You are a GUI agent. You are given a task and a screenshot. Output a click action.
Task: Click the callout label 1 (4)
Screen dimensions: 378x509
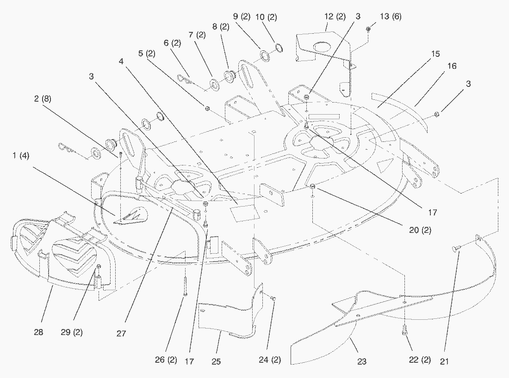(x=19, y=156)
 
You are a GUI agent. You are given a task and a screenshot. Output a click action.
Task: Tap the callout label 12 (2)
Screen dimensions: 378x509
(x=335, y=16)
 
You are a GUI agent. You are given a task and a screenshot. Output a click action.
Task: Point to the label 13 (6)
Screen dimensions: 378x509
(x=391, y=16)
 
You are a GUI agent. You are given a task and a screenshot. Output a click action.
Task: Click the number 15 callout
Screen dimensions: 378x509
(x=435, y=54)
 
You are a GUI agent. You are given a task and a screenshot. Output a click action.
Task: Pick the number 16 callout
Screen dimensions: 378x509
(x=452, y=66)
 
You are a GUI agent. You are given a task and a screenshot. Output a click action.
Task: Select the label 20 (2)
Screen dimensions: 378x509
(x=420, y=230)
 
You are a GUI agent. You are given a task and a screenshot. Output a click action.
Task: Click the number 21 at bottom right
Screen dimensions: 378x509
(x=445, y=360)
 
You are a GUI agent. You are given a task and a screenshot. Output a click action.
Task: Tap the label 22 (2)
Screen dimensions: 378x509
(x=420, y=360)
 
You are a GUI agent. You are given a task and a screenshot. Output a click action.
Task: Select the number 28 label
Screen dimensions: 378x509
(x=38, y=332)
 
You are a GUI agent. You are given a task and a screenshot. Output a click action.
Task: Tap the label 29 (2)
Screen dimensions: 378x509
(x=72, y=332)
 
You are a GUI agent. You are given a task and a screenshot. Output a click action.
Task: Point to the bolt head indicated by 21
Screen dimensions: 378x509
(x=455, y=250)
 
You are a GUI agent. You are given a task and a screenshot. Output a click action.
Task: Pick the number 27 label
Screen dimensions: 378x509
(x=121, y=333)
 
